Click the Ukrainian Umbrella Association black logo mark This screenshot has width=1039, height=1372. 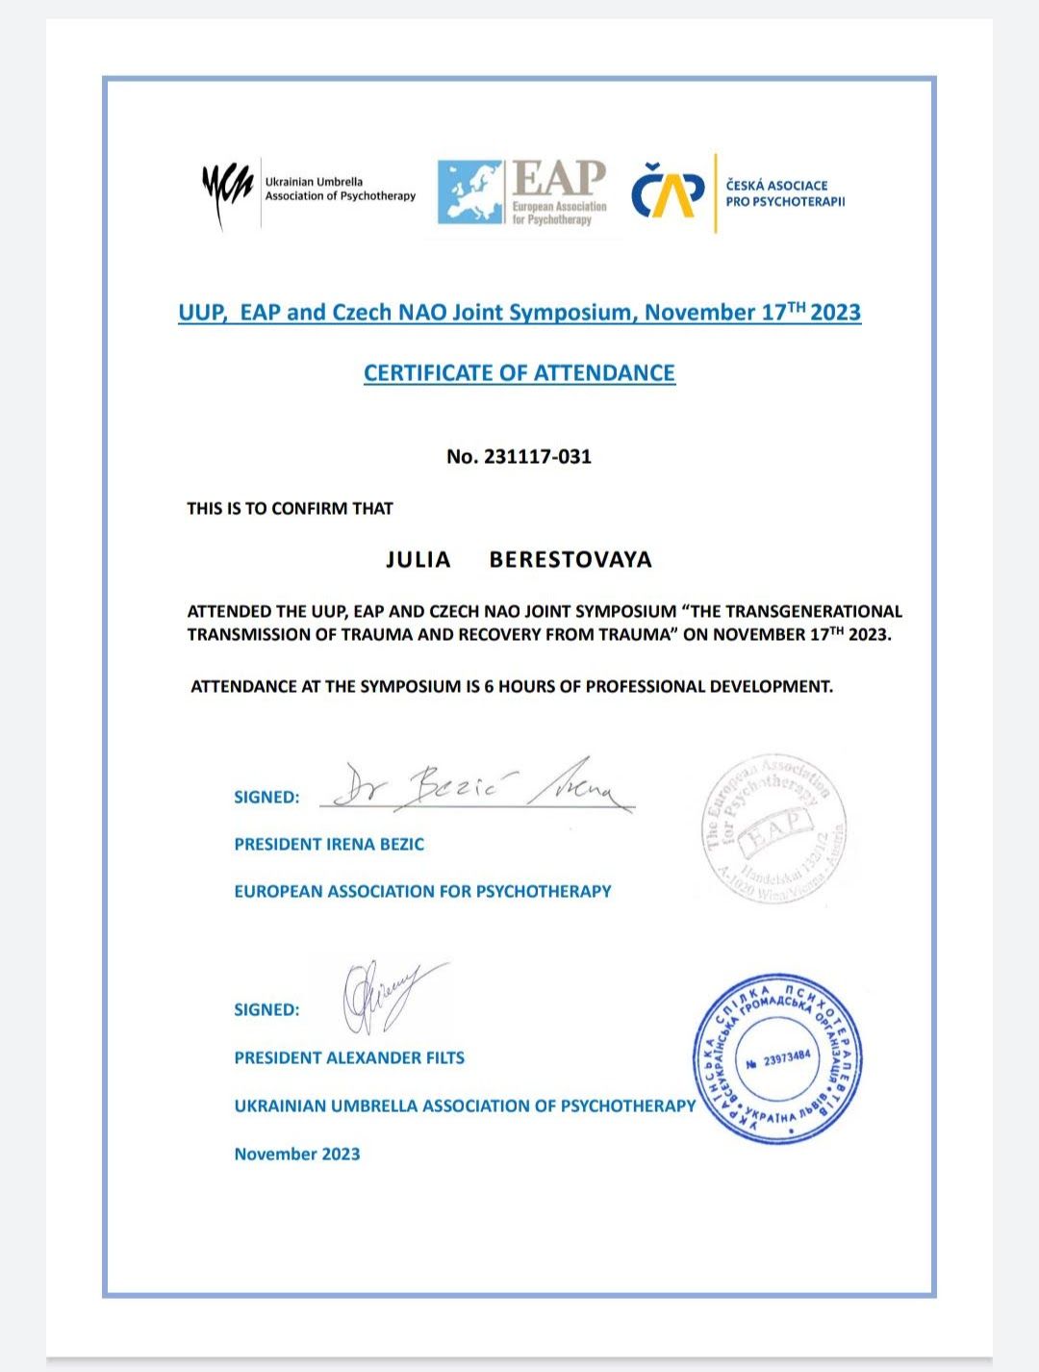(226, 192)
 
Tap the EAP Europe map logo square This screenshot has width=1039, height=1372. (470, 192)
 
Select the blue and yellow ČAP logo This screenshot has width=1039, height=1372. (667, 192)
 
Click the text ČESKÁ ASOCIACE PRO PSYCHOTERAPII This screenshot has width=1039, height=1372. (785, 192)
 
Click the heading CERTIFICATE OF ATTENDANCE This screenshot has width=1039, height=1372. (519, 373)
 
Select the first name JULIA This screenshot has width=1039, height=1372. (418, 560)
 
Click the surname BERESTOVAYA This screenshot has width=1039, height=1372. (570, 560)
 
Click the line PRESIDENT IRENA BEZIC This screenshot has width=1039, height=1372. (329, 844)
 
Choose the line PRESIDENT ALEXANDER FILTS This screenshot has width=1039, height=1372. (349, 1057)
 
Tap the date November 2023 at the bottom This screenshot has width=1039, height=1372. (297, 1154)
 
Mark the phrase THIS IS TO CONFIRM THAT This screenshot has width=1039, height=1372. (290, 508)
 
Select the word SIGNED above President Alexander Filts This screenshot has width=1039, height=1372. (266, 1009)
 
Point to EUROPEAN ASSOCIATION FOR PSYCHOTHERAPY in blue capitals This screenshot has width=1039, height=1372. (422, 891)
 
